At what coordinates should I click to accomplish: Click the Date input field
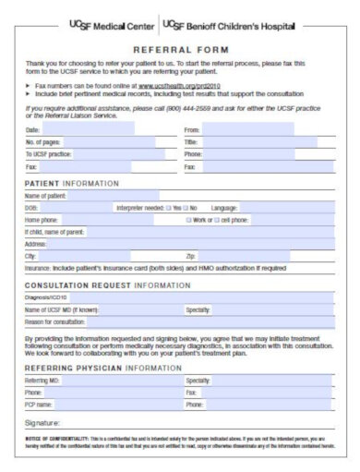(102, 131)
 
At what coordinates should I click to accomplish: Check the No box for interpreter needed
(186, 209)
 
